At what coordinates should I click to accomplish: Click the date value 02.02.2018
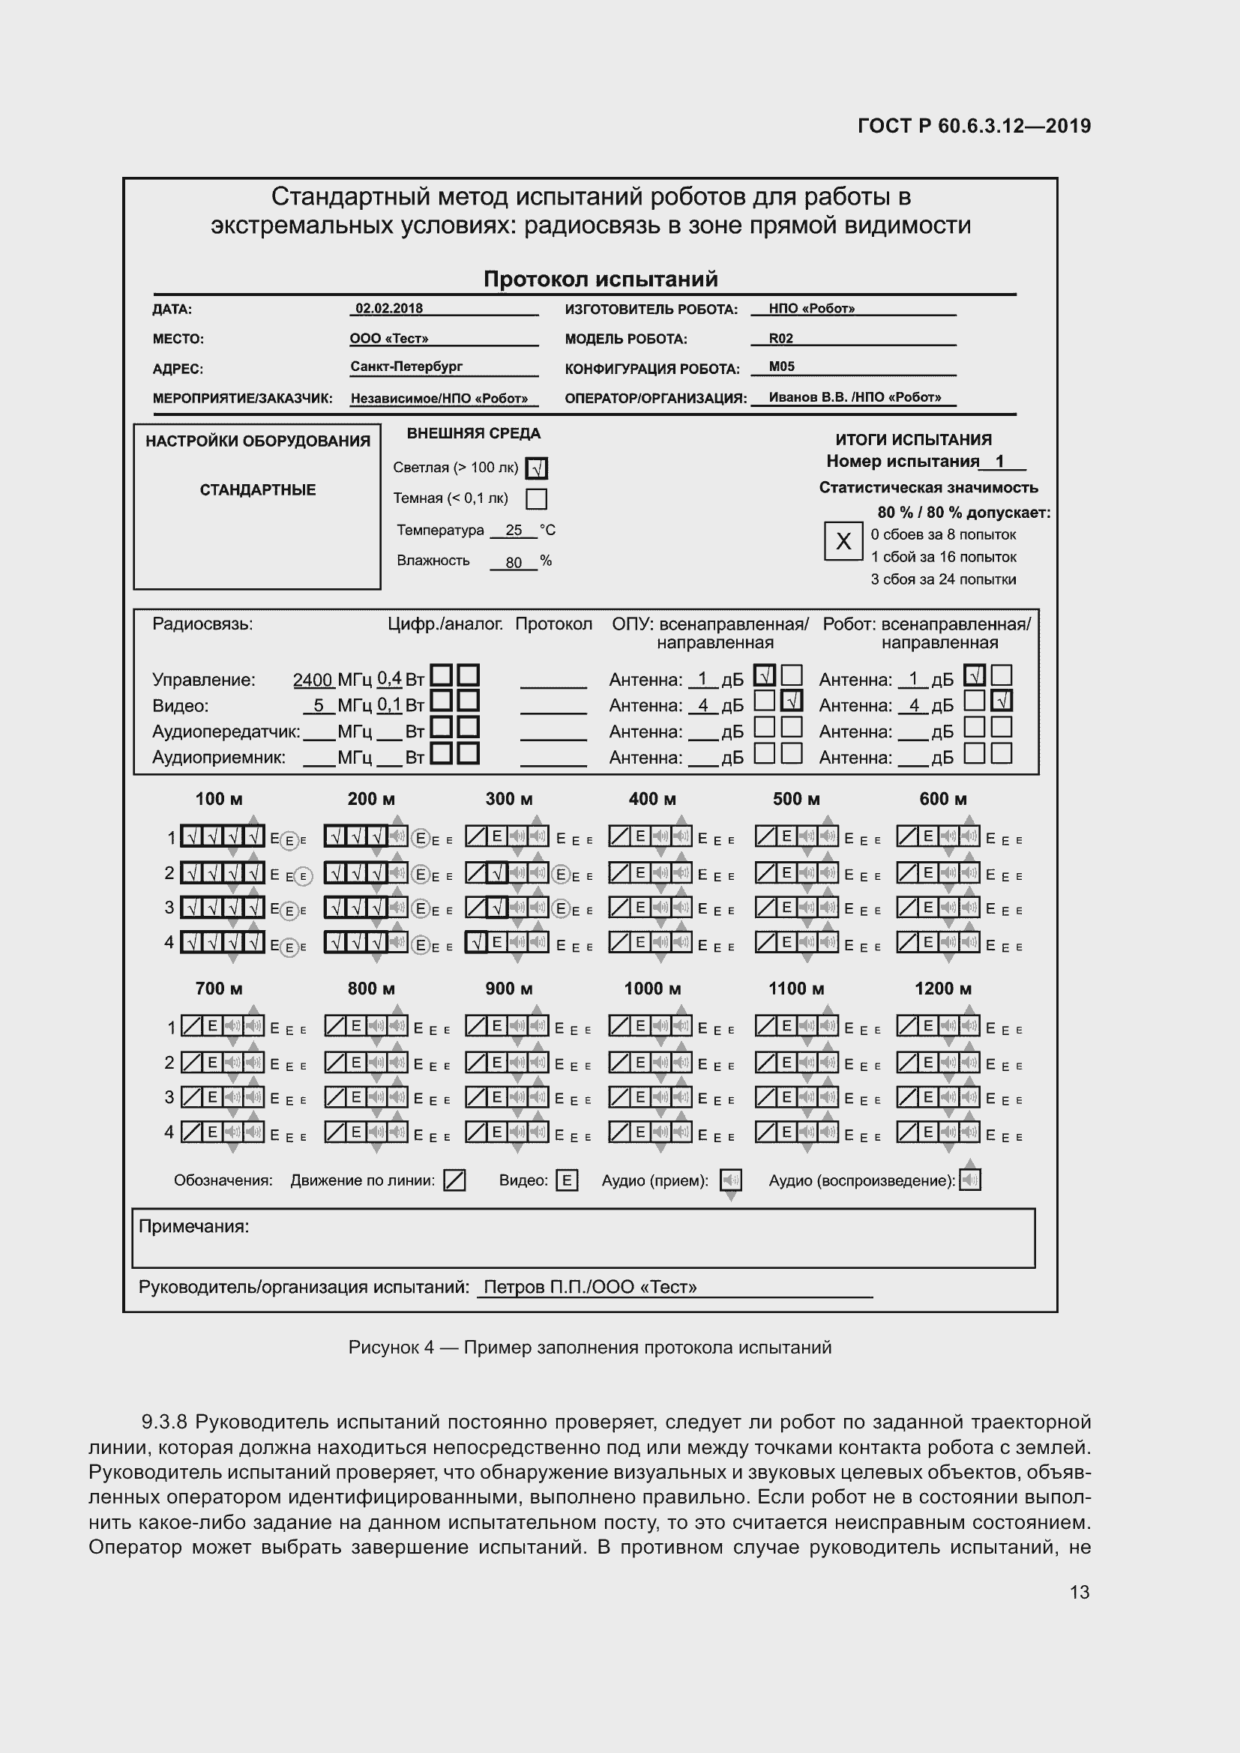388,309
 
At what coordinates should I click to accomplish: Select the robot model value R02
780,338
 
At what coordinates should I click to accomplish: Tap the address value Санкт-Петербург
406,366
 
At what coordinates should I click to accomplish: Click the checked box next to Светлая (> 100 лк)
538,468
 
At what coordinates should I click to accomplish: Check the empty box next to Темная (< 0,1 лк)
537,499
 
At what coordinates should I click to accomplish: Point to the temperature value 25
513,531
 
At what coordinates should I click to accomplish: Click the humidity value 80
513,563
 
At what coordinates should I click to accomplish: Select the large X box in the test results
843,541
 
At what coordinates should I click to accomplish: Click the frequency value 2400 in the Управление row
313,681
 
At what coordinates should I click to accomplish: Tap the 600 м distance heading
942,800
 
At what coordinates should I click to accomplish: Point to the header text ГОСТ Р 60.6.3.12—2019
974,126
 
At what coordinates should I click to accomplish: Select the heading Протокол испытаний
601,280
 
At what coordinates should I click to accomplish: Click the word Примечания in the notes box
194,1227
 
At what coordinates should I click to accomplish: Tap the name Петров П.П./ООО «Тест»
589,1288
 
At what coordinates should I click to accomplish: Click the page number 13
1079,1592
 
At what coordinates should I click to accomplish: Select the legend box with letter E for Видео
567,1181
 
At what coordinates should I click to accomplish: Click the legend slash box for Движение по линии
454,1181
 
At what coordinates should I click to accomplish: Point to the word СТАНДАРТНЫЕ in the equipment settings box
257,490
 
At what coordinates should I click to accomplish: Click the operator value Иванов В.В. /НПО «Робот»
855,397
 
